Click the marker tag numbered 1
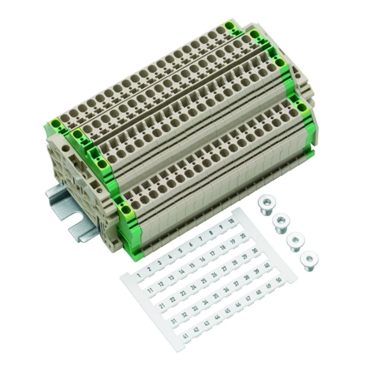coord(139,276)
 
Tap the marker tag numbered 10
coord(231,221)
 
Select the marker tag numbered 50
coord(279,280)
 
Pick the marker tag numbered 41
coord(186,336)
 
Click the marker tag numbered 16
coord(202,259)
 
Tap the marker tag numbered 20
coord(243,236)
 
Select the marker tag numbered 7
coord(201,239)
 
